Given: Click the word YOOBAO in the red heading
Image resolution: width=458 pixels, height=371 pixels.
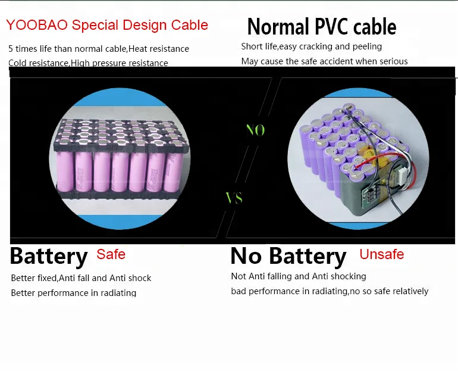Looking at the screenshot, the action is click(x=37, y=25).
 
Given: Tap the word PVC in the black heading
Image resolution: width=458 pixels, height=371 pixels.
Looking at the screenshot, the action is click(x=331, y=26).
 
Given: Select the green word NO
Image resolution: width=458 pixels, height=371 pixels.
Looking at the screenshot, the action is click(x=256, y=130).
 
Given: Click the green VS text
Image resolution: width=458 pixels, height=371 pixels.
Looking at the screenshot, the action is click(x=234, y=198).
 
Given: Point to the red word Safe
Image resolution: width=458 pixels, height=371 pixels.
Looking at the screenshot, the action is click(x=111, y=254).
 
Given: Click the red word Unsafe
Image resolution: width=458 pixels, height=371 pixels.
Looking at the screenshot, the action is click(x=382, y=254).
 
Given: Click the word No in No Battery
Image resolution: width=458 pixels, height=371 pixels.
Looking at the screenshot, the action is click(x=246, y=256).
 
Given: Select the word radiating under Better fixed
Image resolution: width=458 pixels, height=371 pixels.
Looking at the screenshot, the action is click(x=118, y=293).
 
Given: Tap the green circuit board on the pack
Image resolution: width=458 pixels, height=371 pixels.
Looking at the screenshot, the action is click(x=369, y=195).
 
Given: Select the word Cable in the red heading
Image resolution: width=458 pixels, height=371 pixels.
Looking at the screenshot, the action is click(x=190, y=25).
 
